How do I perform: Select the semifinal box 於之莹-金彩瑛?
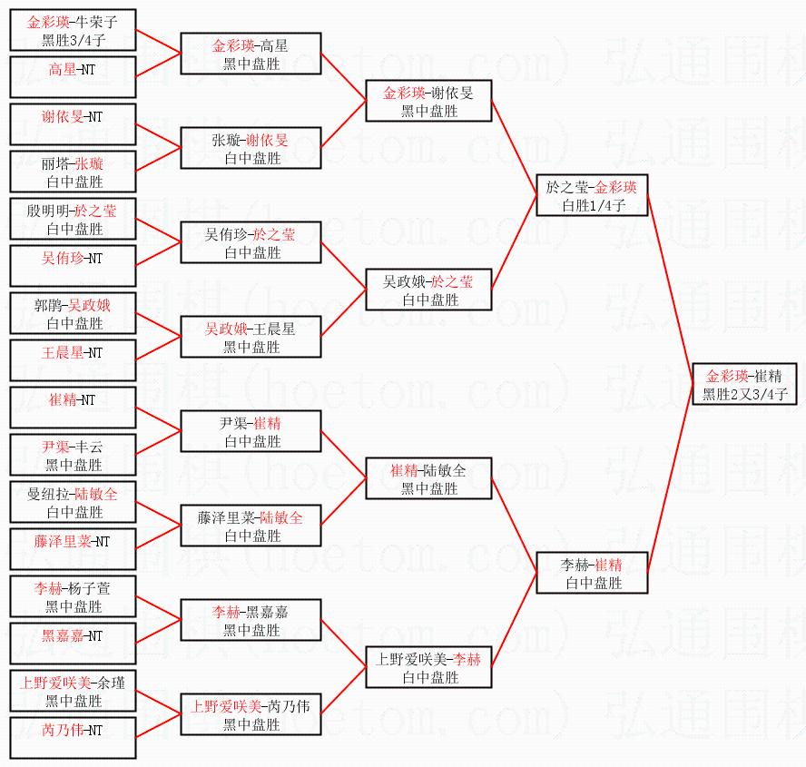[592, 195]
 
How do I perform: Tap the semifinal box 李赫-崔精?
[592, 573]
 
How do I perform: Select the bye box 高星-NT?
[74, 77]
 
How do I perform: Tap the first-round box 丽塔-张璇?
[74, 172]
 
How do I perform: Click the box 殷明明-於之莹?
[74, 219]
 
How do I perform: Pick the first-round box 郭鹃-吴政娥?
[74, 313]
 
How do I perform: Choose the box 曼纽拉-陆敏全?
[74, 502]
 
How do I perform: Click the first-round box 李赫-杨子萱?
[74, 596]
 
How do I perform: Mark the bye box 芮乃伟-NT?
[74, 738]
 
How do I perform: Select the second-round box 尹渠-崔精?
[251, 431]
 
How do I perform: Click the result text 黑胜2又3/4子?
[744, 395]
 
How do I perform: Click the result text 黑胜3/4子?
[74, 40]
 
